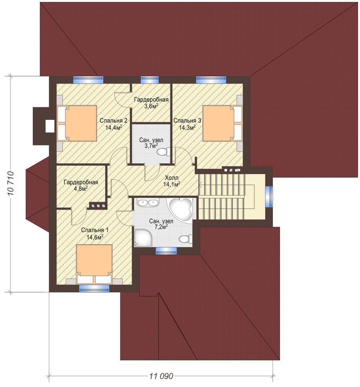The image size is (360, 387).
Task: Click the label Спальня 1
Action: pos(94,230)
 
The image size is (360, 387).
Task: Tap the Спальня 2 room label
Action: pos(113,121)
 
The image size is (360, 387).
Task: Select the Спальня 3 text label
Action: pos(187,121)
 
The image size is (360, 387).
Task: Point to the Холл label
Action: pos(171,178)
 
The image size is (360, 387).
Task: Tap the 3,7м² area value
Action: pos(151,146)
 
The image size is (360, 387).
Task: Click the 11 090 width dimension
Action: pos(161,376)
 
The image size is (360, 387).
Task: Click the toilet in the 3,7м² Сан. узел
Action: pos(164,151)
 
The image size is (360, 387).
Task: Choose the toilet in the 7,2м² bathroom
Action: pos(186,239)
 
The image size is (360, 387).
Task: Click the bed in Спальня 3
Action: pos(222,123)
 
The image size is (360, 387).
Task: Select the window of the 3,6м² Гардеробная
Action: pos(150,80)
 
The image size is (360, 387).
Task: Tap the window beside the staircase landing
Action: pos(269,197)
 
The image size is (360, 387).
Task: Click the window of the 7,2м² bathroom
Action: pos(166,251)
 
